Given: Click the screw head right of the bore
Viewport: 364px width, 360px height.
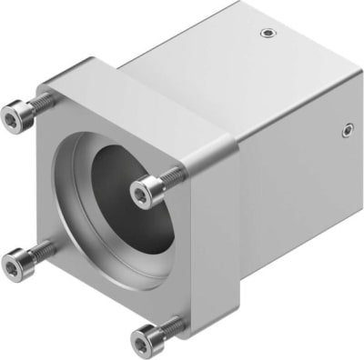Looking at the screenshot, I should tap(146, 190).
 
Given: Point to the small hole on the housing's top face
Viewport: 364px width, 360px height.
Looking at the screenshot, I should tap(266, 35).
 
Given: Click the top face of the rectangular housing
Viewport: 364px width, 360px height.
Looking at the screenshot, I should tap(227, 55).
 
